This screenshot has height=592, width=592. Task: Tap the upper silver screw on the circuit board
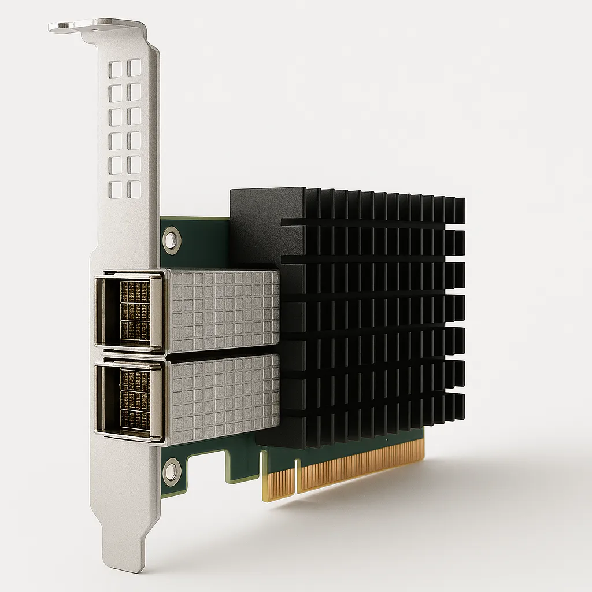(x=171, y=238)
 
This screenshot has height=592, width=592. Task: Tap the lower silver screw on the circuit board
(x=172, y=471)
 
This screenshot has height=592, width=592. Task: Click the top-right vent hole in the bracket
(x=135, y=67)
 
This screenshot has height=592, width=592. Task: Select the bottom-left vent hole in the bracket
(x=116, y=190)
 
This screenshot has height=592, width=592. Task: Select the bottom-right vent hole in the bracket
(x=135, y=188)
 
